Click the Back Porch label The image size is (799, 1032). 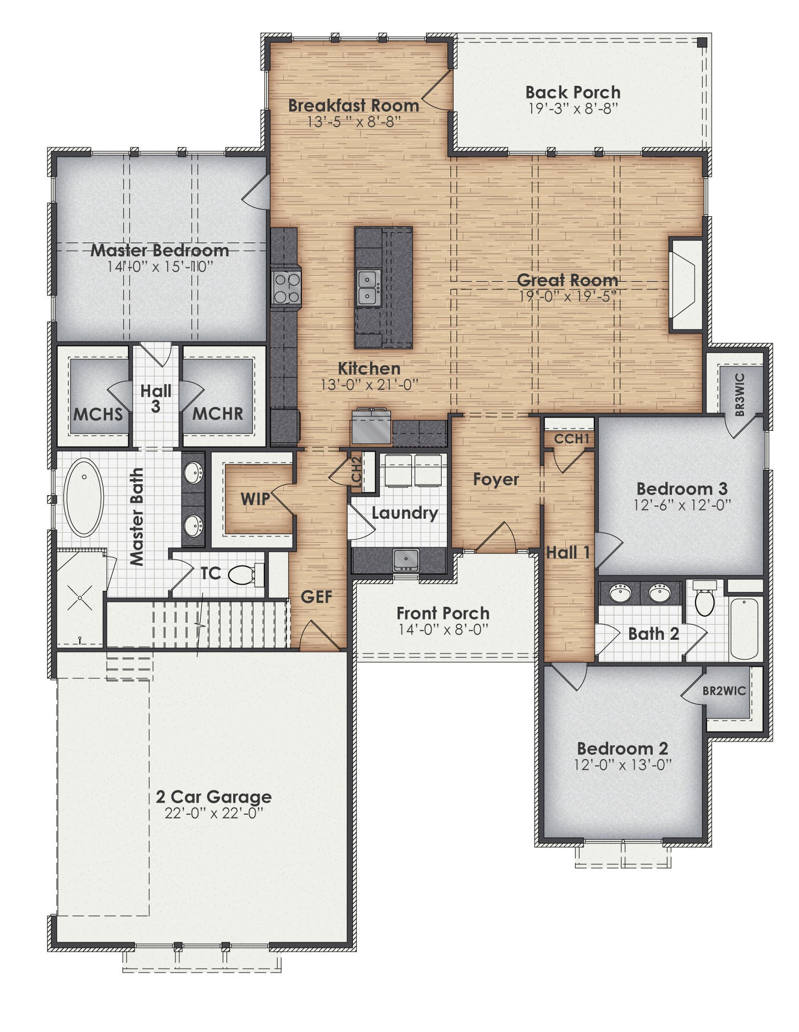pyautogui.click(x=572, y=92)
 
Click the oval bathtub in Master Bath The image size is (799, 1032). pyautogui.click(x=84, y=498)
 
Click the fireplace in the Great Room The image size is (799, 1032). pyautogui.click(x=685, y=284)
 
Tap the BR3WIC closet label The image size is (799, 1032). pyautogui.click(x=740, y=394)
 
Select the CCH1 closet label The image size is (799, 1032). pyautogui.click(x=571, y=439)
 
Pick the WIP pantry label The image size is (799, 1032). pyautogui.click(x=255, y=499)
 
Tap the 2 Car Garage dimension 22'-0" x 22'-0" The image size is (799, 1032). pyautogui.click(x=213, y=813)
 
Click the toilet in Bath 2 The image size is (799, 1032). pyautogui.click(x=704, y=600)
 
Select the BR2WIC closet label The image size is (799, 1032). pyautogui.click(x=724, y=691)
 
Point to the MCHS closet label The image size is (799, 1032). pyautogui.click(x=98, y=414)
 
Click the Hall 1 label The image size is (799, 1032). pyautogui.click(x=567, y=552)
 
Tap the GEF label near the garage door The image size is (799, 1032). pyautogui.click(x=317, y=596)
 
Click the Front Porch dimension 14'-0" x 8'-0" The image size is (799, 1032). pyautogui.click(x=443, y=629)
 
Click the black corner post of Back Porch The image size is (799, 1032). pyautogui.click(x=702, y=42)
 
